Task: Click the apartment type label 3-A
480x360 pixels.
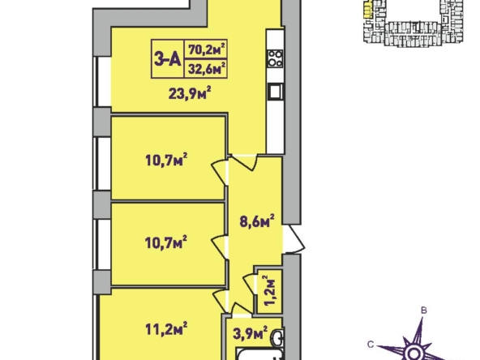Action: [167, 58]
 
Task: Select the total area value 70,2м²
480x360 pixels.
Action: [207, 49]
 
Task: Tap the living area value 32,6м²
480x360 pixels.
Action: [207, 68]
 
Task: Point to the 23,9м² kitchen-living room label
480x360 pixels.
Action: [190, 93]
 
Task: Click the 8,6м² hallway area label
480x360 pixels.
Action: [256, 221]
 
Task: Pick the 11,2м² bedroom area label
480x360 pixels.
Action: [166, 328]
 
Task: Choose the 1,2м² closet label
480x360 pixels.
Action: [270, 290]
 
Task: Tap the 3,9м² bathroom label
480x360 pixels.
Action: [250, 333]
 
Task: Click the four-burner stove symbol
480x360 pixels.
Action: [275, 58]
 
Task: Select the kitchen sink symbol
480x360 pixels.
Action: [276, 92]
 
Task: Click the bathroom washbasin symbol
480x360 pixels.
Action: [278, 337]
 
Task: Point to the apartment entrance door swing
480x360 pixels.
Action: [294, 238]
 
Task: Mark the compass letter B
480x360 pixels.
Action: [424, 311]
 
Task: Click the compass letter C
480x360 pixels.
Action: [371, 345]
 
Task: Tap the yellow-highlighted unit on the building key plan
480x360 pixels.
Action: [367, 9]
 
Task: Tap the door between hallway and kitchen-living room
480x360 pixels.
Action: [243, 162]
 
